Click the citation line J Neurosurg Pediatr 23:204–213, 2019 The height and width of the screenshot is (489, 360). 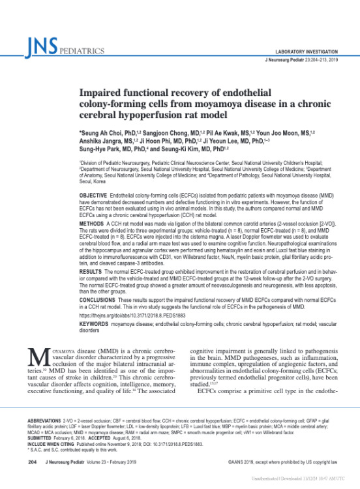click(301, 60)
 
